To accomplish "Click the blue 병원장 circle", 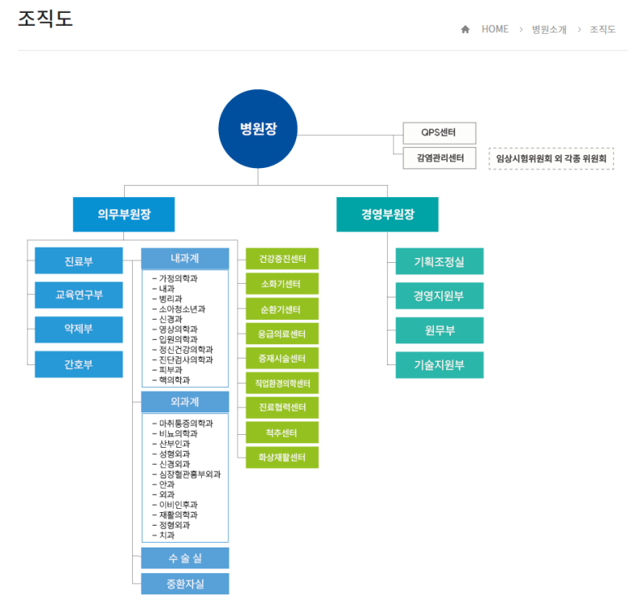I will click(258, 129).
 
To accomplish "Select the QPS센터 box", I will click(440, 133).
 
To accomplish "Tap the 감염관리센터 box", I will click(440, 158).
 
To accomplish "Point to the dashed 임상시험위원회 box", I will click(551, 158).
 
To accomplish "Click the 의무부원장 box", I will click(124, 215).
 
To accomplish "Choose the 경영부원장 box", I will click(387, 215).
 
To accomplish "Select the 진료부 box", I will click(79, 260).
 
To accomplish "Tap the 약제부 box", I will click(79, 329).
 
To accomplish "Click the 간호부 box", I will click(79, 363).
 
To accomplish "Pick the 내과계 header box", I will click(185, 258).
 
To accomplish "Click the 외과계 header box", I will click(185, 401).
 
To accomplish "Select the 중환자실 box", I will click(185, 584).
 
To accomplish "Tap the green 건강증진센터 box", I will click(282, 259).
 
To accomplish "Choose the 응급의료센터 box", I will click(282, 334).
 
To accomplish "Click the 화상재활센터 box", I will click(282, 457).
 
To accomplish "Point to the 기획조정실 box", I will click(440, 261).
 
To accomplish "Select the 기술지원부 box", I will click(440, 364).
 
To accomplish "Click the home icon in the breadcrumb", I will click(465, 30).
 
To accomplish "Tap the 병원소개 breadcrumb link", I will click(549, 30).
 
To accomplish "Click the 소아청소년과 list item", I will click(183, 309).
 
